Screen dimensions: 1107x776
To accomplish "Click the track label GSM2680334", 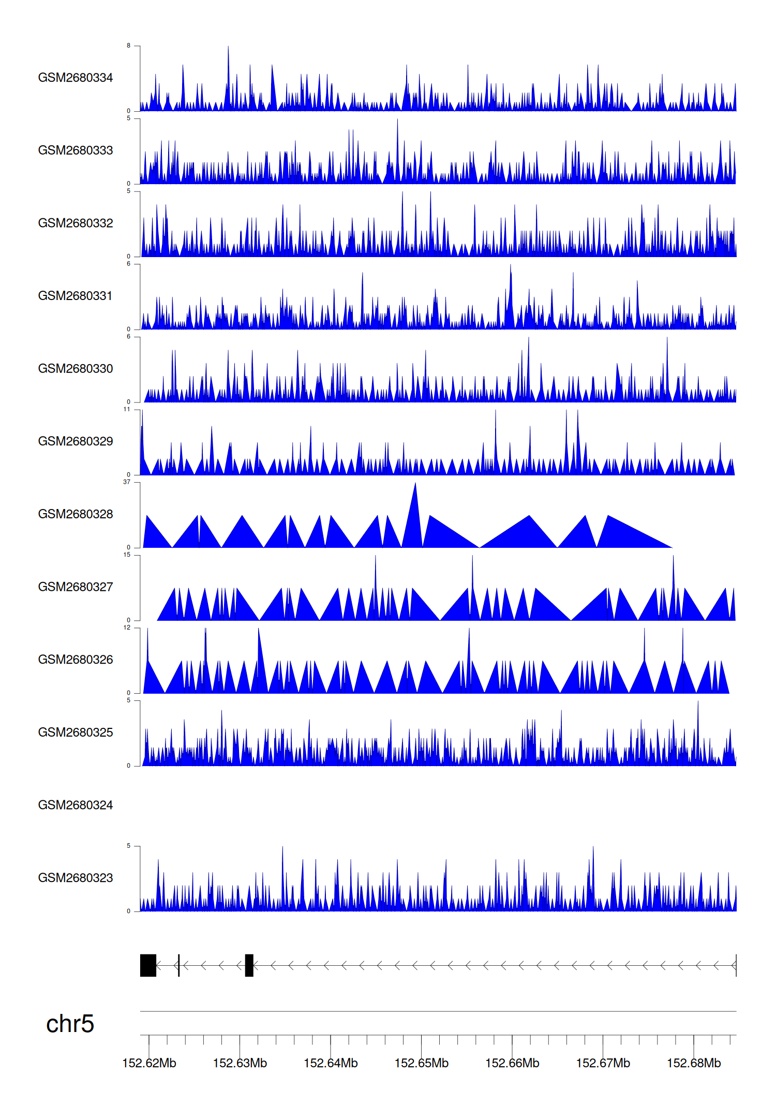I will pyautogui.click(x=76, y=78).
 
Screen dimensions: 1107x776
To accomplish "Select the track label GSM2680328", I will pyautogui.click(x=76, y=514).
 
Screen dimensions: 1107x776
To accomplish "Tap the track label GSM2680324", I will pyautogui.click(x=76, y=805).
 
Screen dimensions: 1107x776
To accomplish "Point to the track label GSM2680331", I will pyautogui.click(x=76, y=296).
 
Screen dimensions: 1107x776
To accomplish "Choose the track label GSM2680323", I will pyautogui.click(x=76, y=878).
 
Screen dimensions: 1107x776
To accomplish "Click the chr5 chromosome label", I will pyautogui.click(x=70, y=1024).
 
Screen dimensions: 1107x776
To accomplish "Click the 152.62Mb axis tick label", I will pyautogui.click(x=149, y=1063).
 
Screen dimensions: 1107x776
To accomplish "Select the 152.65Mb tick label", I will pyautogui.click(x=421, y=1063).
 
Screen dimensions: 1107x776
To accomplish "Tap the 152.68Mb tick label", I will pyautogui.click(x=693, y=1063).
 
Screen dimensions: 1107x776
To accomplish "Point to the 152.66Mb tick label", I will pyautogui.click(x=512, y=1063).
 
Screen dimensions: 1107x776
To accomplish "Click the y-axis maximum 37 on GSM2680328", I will pyautogui.click(x=127, y=482).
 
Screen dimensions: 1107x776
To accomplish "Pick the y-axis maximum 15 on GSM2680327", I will pyautogui.click(x=127, y=555).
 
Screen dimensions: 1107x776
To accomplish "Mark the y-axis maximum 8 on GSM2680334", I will pyautogui.click(x=129, y=46).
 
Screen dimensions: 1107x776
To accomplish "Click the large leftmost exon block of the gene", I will pyautogui.click(x=148, y=965).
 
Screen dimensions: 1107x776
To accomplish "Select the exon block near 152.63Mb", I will pyautogui.click(x=249, y=965).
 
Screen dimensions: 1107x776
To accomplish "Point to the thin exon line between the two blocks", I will pyautogui.click(x=178, y=965).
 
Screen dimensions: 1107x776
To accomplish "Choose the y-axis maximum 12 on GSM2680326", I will pyautogui.click(x=127, y=627).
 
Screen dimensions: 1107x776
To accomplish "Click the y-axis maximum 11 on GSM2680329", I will pyautogui.click(x=127, y=409).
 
